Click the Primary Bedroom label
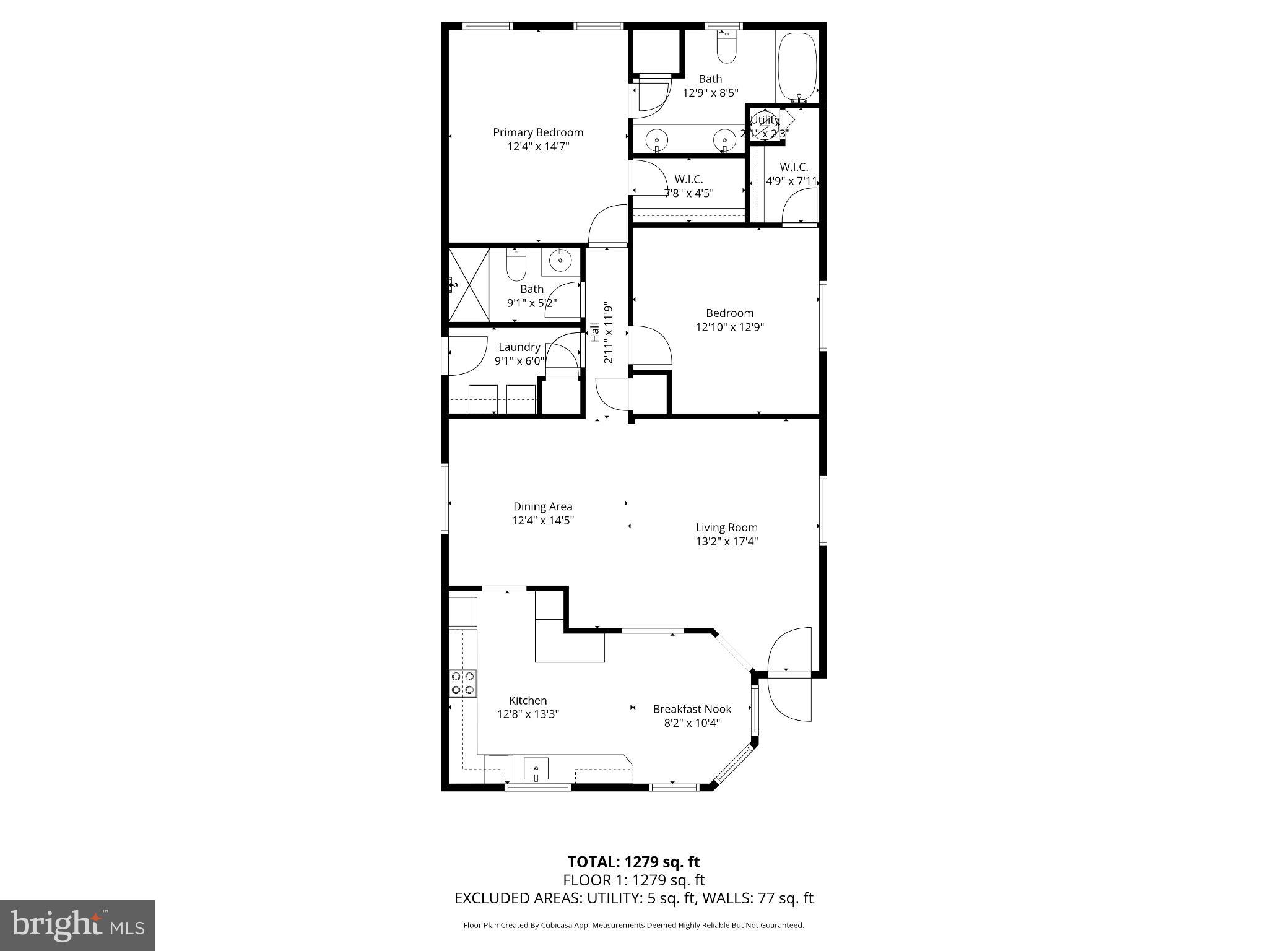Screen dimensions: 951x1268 click(537, 132)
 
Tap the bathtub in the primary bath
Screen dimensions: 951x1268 click(797, 67)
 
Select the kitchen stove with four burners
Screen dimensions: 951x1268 click(463, 683)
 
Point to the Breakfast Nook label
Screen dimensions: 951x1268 click(692, 709)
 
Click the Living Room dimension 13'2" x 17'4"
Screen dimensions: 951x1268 click(726, 542)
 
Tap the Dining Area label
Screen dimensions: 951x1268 click(542, 506)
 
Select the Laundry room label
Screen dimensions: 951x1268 click(519, 347)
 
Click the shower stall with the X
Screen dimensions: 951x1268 click(469, 284)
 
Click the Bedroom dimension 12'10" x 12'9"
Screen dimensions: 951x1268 click(729, 328)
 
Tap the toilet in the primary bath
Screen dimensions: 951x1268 click(726, 47)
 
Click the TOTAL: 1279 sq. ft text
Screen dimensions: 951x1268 click(633, 862)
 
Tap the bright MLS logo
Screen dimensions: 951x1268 click(77, 925)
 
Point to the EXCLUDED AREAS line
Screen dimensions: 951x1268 click(633, 898)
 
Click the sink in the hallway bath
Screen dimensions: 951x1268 click(560, 261)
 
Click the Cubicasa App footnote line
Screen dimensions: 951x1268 click(633, 926)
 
